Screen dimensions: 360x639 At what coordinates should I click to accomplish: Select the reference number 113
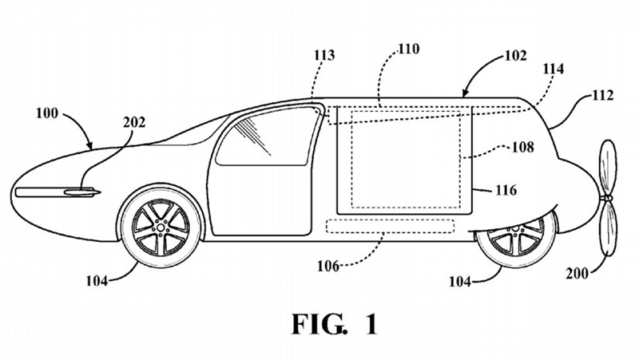point(323,56)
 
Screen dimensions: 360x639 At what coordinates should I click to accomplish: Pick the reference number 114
point(552,69)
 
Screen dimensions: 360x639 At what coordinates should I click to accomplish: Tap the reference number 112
point(602,96)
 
